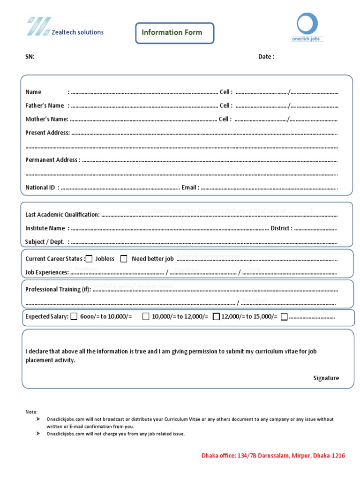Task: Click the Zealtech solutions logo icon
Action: [39, 26]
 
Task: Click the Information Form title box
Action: [174, 33]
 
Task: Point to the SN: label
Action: [30, 57]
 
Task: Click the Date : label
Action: [266, 57]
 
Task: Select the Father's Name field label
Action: [45, 105]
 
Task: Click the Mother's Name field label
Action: [46, 119]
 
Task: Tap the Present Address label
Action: [47, 133]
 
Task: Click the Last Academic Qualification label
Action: [62, 215]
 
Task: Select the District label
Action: [281, 228]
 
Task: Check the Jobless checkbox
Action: [89, 259]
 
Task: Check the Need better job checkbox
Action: [124, 259]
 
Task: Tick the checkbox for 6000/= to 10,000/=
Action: [74, 316]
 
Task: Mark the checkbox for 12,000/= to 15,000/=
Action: [216, 316]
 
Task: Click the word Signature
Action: [326, 378]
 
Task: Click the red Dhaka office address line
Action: [273, 456]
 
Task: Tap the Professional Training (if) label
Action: [59, 289]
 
